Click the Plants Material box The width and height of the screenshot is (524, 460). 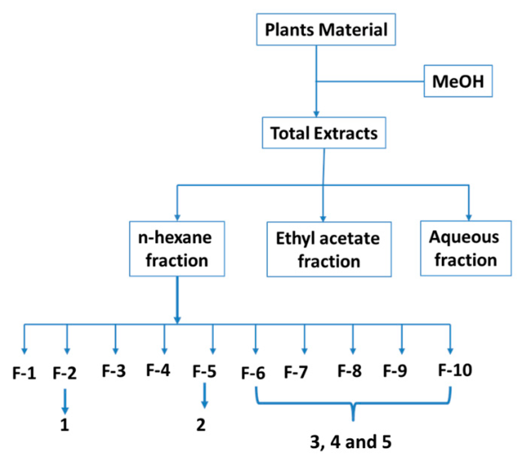tap(326, 30)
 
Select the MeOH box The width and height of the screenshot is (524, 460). tap(458, 81)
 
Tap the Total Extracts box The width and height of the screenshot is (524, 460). tap(324, 133)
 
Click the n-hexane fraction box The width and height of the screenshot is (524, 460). tap(177, 249)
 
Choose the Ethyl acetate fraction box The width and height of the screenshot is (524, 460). tap(329, 249)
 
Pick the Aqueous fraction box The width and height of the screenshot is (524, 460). tap(465, 248)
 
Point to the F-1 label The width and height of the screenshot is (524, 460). tap(24, 373)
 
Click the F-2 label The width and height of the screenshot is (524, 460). tap(64, 373)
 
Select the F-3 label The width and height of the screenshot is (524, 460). tap(114, 371)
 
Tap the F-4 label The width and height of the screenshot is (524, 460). tap(158, 370)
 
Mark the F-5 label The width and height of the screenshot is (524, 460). tap(204, 371)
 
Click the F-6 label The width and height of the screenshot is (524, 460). tap(253, 373)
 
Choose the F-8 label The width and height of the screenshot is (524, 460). tap(349, 371)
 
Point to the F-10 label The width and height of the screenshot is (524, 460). tap(455, 370)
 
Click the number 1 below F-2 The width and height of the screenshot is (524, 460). tap(65, 425)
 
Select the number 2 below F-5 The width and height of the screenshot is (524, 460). tap(201, 425)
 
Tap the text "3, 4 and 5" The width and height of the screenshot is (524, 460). tap(350, 442)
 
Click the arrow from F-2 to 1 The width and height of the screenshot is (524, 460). tap(65, 401)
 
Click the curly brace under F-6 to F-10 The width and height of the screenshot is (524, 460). tap(353, 404)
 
